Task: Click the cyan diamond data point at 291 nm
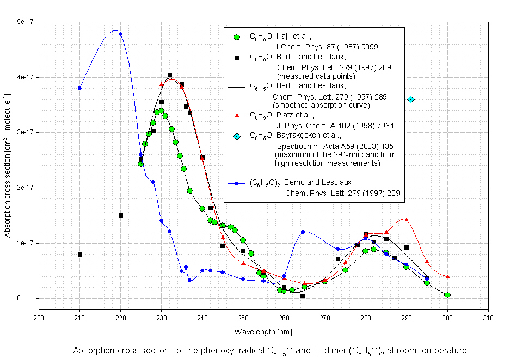point(411,100)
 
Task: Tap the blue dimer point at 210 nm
point(79,88)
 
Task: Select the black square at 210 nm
point(80,254)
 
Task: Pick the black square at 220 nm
point(121,215)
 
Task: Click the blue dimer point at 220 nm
point(120,34)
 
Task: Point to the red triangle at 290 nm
point(407,220)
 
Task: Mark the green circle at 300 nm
point(447,295)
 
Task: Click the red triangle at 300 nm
point(447,277)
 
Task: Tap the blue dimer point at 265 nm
point(303,232)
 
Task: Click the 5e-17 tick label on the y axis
point(25,22)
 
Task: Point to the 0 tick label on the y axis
point(33,298)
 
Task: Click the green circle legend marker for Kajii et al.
point(236,38)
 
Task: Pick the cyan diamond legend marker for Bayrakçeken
point(236,136)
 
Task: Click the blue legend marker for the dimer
point(236,183)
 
